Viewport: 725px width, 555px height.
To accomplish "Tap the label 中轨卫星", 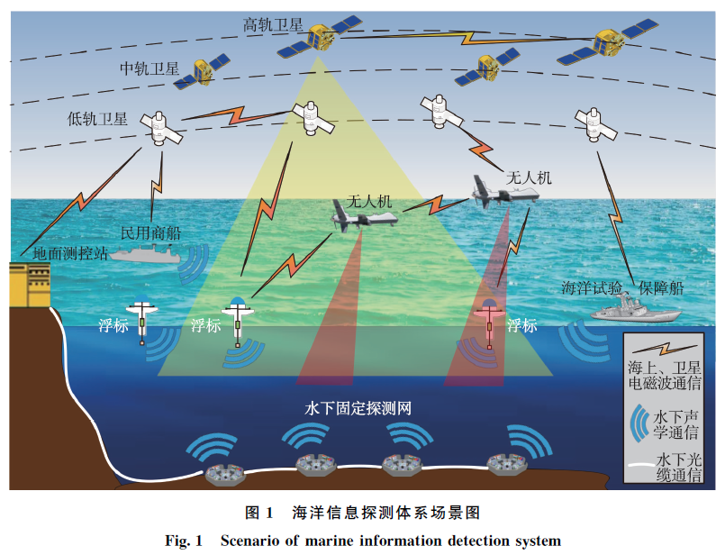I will [150, 69].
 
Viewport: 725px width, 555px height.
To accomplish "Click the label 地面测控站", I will [70, 253].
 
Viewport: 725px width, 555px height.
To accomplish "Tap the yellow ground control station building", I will [26, 285].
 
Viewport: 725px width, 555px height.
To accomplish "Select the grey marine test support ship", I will [634, 310].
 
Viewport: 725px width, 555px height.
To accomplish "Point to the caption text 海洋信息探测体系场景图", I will [386, 513].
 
